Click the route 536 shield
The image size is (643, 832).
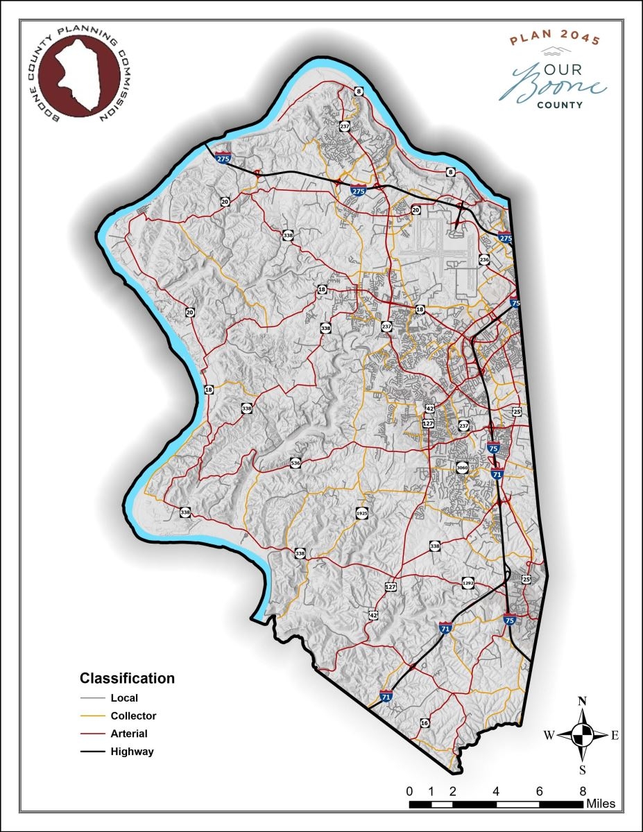coord(295,462)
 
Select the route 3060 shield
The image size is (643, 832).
coord(463,469)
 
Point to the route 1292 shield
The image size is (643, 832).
coord(468,584)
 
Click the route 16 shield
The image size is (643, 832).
coord(425,723)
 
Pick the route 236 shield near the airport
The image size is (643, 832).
coord(484,260)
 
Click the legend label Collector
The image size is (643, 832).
coord(133,716)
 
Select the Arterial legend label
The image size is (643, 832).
coord(129,733)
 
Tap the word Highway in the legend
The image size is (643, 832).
coord(132,751)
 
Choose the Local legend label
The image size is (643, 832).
coord(124,697)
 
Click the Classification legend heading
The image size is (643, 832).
coord(127,678)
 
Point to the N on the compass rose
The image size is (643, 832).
coord(583,700)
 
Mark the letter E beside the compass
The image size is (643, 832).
coord(614,736)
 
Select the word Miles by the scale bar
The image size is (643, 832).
coord(601,804)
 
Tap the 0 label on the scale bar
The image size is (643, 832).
coord(410,791)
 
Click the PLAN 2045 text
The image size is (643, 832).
coord(554,40)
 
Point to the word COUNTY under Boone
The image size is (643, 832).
coord(559,105)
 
